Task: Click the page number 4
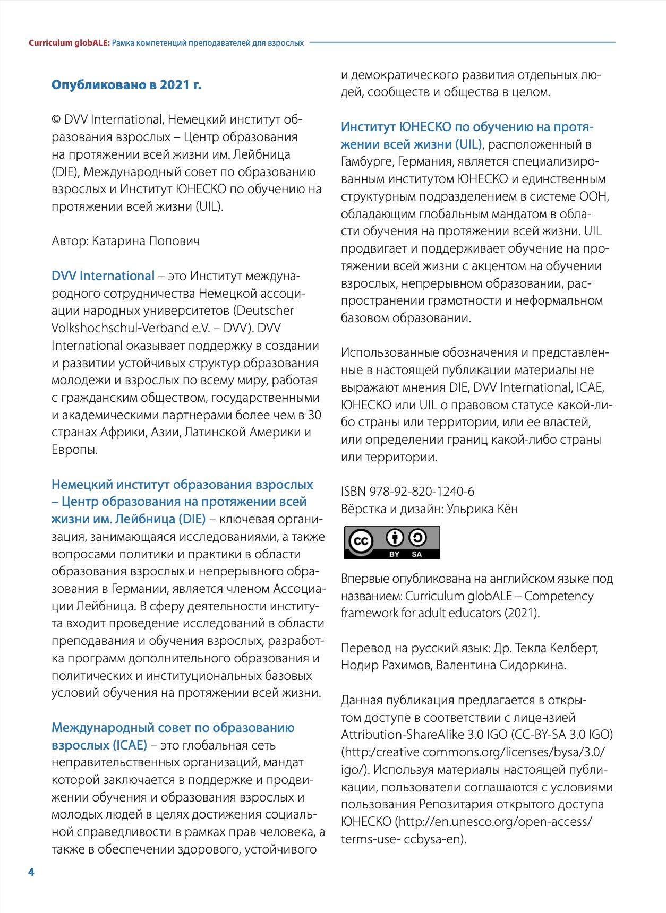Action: tap(31, 872)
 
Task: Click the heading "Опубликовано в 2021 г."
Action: tap(126, 85)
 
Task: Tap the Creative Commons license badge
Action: tap(392, 542)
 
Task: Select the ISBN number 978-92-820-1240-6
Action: tap(422, 492)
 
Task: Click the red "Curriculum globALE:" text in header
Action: tap(69, 43)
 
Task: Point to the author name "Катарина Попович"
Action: tap(146, 242)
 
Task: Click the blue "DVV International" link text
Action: tap(103, 276)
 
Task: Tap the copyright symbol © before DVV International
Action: tap(56, 120)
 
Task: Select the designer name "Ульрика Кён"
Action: tap(482, 509)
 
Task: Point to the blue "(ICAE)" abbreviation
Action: tap(130, 745)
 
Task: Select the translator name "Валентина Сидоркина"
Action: tap(501, 665)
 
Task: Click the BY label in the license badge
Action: tap(395, 554)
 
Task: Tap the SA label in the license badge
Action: tap(417, 554)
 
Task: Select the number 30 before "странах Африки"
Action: tap(314, 415)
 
